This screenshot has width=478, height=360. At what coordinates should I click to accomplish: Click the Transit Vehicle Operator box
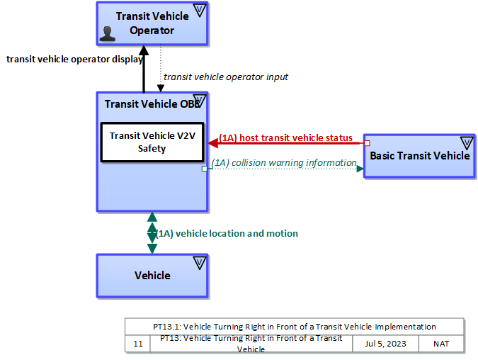(152, 23)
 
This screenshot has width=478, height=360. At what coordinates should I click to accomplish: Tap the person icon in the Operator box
(108, 33)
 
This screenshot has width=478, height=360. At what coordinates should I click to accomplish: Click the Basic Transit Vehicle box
(419, 156)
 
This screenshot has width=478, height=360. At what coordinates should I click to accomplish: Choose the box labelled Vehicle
(152, 275)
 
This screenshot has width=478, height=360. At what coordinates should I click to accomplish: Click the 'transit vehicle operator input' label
(225, 77)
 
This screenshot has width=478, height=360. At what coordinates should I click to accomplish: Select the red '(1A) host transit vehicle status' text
(285, 137)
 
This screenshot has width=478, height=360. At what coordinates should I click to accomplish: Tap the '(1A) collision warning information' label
(283, 163)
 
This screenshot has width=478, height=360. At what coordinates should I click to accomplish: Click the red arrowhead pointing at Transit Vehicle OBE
(212, 142)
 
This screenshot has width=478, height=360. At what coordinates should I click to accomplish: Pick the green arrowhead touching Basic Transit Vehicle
(360, 169)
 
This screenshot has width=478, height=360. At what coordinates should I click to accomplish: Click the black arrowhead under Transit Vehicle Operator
(144, 50)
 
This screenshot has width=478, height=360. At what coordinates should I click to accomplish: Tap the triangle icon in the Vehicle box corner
(199, 263)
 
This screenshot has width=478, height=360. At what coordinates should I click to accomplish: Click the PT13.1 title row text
(295, 327)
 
